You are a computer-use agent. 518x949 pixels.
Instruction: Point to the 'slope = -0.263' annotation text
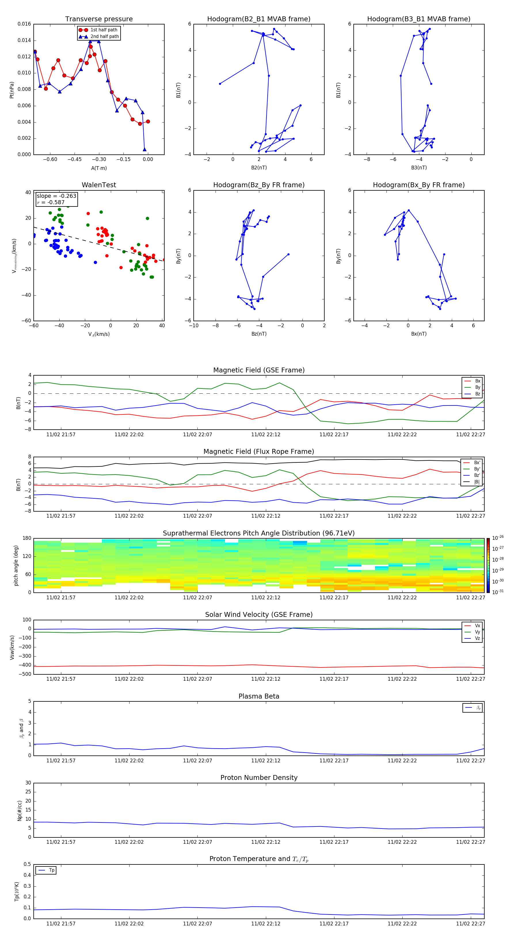tap(56, 196)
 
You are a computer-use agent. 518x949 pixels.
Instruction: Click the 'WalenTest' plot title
tap(99, 185)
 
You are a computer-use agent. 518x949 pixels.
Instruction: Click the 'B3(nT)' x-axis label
tap(419, 168)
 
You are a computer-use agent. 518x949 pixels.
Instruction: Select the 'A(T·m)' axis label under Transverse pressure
tap(99, 168)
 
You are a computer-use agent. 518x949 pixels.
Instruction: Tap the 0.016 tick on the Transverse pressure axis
tap(24, 24)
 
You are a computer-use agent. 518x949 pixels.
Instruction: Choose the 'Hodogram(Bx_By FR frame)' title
tap(418, 185)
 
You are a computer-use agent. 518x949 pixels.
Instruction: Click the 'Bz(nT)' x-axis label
tap(259, 334)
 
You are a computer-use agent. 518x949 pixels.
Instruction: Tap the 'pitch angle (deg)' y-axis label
tap(16, 565)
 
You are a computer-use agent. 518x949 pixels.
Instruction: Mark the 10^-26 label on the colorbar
tap(498, 538)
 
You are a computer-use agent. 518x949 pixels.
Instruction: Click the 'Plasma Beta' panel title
tap(258, 696)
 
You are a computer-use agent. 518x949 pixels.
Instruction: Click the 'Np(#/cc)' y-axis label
tap(20, 810)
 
